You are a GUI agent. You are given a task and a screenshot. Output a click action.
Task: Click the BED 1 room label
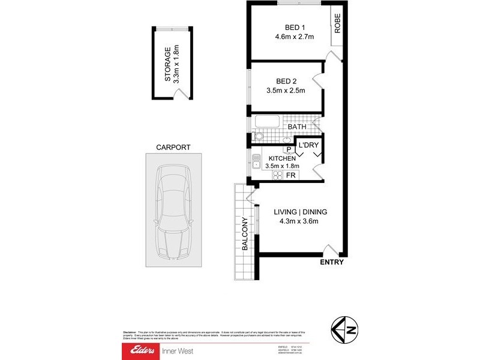[x=295, y=27]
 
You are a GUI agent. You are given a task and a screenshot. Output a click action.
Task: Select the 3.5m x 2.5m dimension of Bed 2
[x=286, y=91]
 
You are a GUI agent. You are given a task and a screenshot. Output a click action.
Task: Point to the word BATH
[x=296, y=127]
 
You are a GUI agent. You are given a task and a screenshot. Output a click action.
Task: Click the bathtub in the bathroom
[x=268, y=122]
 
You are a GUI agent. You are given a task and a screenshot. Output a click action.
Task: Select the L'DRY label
[x=308, y=145]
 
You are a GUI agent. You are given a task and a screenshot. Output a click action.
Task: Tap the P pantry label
[x=288, y=149]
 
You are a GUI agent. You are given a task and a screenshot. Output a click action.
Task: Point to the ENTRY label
[x=332, y=262]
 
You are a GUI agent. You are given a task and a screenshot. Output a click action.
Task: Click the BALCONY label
[x=245, y=233]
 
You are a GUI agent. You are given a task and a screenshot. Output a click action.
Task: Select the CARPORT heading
[x=173, y=147]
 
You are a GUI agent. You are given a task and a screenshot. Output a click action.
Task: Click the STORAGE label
[x=168, y=64]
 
